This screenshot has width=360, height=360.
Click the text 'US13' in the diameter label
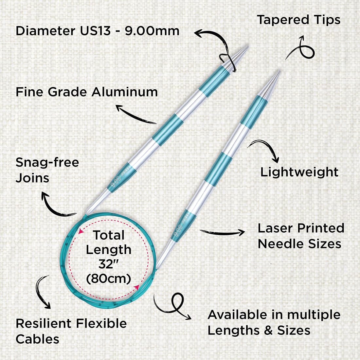click(x=95, y=31)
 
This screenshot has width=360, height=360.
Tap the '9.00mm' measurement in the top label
click(x=152, y=31)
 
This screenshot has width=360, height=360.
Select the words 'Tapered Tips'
click(x=298, y=20)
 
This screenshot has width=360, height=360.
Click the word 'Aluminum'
click(x=125, y=92)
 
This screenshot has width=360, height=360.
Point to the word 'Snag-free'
click(x=47, y=163)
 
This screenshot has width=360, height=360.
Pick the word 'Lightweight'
click(x=299, y=172)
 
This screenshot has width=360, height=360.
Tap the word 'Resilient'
click(x=44, y=323)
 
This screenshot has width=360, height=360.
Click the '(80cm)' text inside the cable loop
click(x=109, y=279)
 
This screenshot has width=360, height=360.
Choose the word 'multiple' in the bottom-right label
click(x=314, y=315)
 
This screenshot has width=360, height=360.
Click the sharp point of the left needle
click(x=248, y=46)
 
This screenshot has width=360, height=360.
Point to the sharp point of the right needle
click(x=279, y=71)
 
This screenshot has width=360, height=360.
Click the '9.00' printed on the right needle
click(x=178, y=230)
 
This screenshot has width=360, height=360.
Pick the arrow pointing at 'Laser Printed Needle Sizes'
click(x=222, y=233)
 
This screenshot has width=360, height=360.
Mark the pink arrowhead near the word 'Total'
click(x=81, y=231)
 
